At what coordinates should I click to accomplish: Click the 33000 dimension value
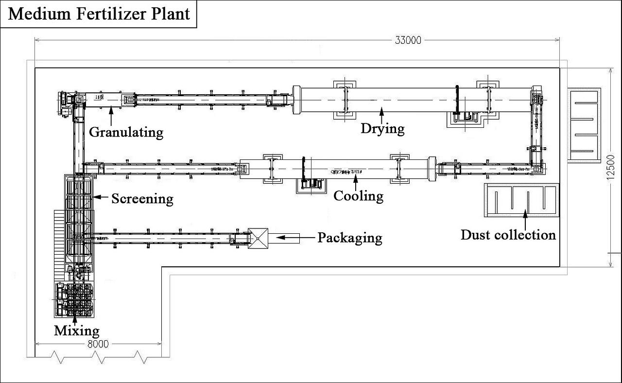(x=407, y=40)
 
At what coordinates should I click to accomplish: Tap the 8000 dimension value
(x=98, y=344)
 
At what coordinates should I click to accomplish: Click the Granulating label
(x=126, y=132)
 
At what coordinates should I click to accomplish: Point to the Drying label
(x=382, y=129)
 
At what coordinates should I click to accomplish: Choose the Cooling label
(x=358, y=196)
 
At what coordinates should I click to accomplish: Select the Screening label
(x=142, y=198)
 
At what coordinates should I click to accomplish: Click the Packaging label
(x=349, y=238)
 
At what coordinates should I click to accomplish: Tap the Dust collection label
(x=508, y=235)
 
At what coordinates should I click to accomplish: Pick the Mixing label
(x=76, y=331)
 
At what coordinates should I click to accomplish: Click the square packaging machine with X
(x=258, y=238)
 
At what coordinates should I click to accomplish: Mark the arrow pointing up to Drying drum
(x=381, y=115)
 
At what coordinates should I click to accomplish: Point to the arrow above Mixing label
(x=75, y=318)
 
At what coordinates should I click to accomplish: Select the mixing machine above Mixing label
(x=74, y=299)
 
